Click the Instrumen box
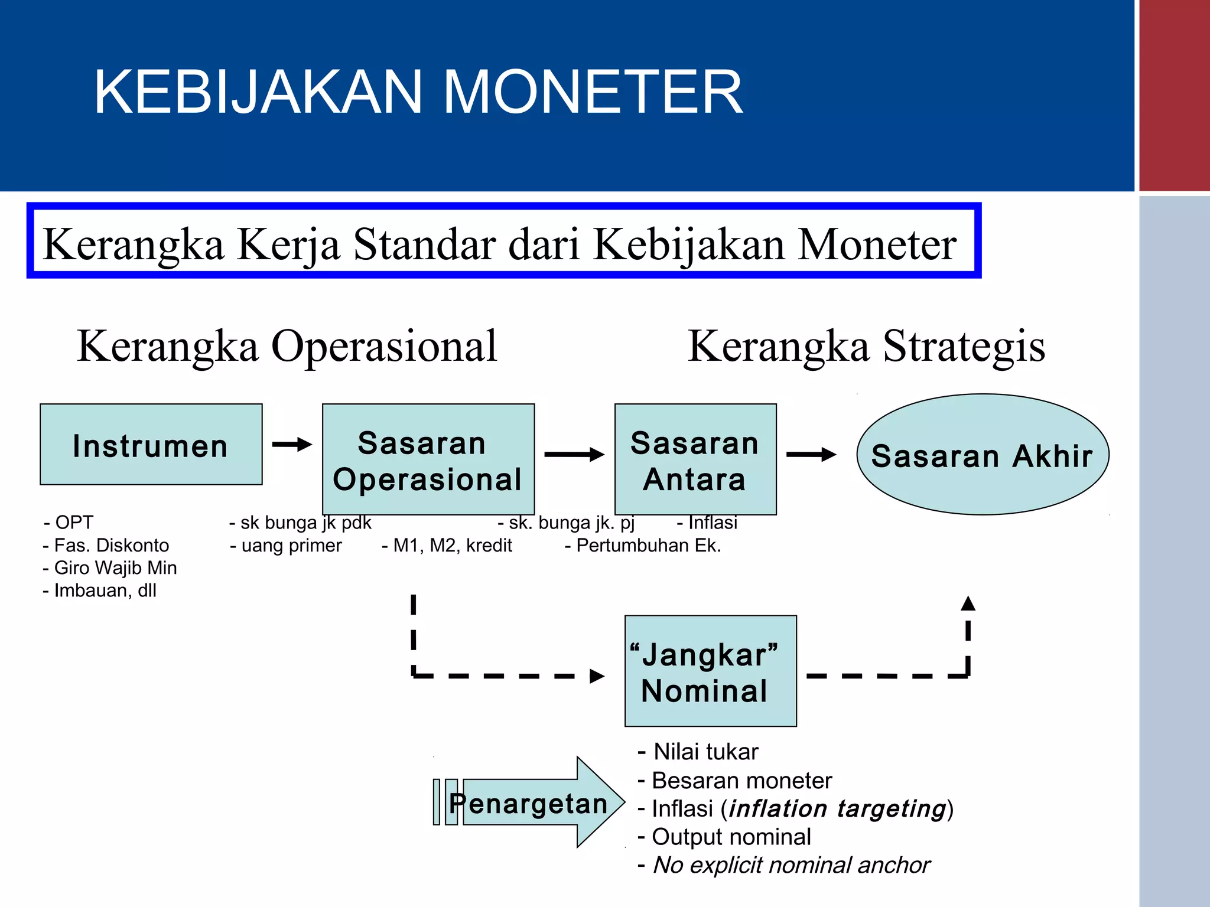pyautogui.click(x=151, y=445)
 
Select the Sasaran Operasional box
pyautogui.click(x=428, y=459)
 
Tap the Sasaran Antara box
pyautogui.click(x=695, y=459)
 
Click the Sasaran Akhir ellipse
pyautogui.click(x=983, y=455)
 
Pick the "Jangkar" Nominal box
pyautogui.click(x=710, y=671)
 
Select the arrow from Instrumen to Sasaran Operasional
pyautogui.click(x=292, y=444)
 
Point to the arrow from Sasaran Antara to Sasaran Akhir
pyautogui.click(x=811, y=454)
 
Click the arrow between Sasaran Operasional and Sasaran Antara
pyautogui.click(x=574, y=454)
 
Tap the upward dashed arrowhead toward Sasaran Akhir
pyautogui.click(x=968, y=604)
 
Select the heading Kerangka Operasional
pyautogui.click(x=287, y=347)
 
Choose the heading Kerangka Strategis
pyautogui.click(x=867, y=347)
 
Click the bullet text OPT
pyautogui.click(x=74, y=523)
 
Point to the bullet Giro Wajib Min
pyautogui.click(x=115, y=568)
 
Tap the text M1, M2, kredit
pyautogui.click(x=452, y=546)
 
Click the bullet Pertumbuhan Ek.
pyautogui.click(x=648, y=546)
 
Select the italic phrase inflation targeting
pyautogui.click(x=838, y=809)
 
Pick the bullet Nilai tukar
pyautogui.click(x=705, y=752)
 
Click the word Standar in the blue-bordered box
pyautogui.click(x=424, y=244)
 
